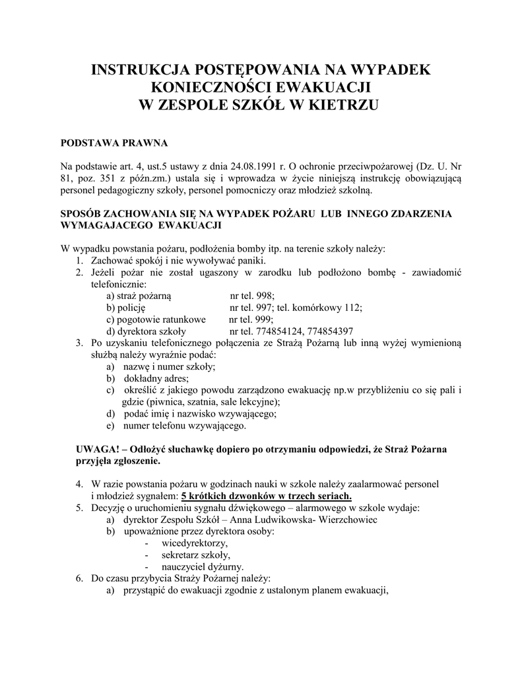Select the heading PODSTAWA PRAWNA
[114, 142]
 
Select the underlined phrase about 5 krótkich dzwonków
[267, 496]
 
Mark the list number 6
[79, 578]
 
